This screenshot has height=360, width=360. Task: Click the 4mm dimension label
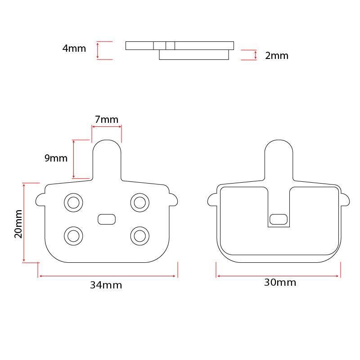click(x=74, y=49)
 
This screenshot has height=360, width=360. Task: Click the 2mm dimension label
click(x=276, y=56)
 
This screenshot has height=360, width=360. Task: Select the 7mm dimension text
click(x=107, y=120)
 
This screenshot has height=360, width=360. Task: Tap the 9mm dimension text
click(x=56, y=158)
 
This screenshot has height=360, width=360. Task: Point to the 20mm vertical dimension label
click(x=18, y=223)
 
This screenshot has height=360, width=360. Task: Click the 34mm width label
click(x=106, y=285)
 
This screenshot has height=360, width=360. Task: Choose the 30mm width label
click(x=280, y=283)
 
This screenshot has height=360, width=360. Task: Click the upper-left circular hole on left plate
click(x=73, y=202)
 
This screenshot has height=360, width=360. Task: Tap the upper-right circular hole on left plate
click(x=140, y=202)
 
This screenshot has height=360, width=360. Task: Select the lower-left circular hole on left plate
click(x=73, y=235)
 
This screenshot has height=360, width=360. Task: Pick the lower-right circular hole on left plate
click(x=140, y=235)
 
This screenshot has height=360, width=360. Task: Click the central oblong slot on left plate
click(x=107, y=219)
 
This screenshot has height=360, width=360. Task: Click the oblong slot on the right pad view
click(x=278, y=219)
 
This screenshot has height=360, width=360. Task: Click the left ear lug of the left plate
click(x=40, y=198)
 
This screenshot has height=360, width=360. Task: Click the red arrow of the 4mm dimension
click(x=98, y=50)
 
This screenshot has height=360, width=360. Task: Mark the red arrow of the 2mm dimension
click(x=256, y=55)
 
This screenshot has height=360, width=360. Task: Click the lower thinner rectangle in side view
click(x=194, y=55)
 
